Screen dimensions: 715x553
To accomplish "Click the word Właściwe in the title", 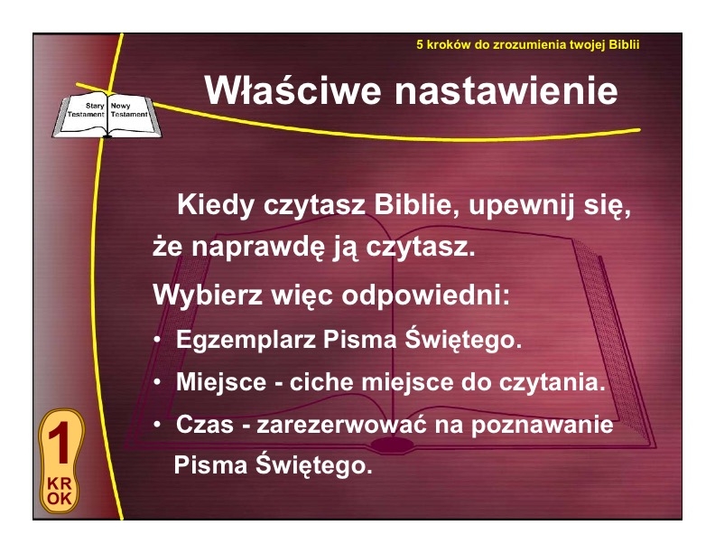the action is [292, 89].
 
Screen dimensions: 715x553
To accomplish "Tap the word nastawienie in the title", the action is [506, 90].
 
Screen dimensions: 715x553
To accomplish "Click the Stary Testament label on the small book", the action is [86, 110].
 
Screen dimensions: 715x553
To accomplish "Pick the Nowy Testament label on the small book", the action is [129, 110].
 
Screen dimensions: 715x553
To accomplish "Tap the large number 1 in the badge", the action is [60, 443].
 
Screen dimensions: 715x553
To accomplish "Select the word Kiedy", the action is [215, 205].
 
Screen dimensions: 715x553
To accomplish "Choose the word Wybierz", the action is [208, 295].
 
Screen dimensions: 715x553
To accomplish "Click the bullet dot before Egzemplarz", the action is [157, 340].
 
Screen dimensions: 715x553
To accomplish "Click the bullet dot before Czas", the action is [157, 425].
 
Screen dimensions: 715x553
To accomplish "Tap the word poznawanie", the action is [543, 426].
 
